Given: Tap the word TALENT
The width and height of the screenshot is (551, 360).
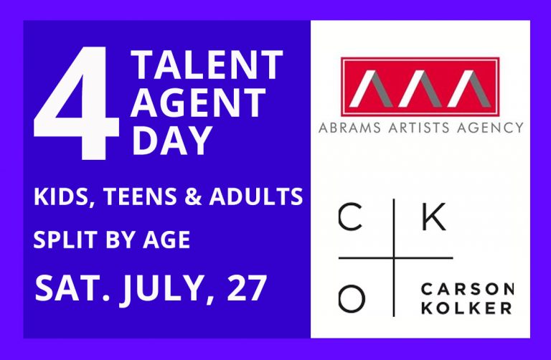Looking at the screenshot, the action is tap(207, 65).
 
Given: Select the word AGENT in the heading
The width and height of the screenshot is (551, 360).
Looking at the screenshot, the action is tap(198, 103).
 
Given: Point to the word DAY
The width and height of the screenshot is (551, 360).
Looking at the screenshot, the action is tap(171, 140).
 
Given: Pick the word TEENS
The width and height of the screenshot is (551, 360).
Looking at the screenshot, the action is tap(139, 196).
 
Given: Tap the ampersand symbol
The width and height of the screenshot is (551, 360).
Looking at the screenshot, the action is tap(193, 196).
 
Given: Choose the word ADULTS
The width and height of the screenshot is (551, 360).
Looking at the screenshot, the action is tap(256, 196).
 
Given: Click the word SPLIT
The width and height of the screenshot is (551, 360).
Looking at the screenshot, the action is tap(65, 240).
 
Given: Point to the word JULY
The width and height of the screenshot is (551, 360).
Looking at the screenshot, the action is tap(167, 288).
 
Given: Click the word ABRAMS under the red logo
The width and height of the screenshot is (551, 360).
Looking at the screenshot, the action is tap(349, 128).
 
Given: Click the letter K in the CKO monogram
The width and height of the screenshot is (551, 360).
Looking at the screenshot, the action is tap(433, 217).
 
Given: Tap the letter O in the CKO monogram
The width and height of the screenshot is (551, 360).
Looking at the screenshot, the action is tap(352, 299).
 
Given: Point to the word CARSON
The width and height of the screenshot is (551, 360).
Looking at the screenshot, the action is tap(467, 290).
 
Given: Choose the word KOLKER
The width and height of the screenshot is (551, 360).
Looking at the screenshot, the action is tap(466, 308).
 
